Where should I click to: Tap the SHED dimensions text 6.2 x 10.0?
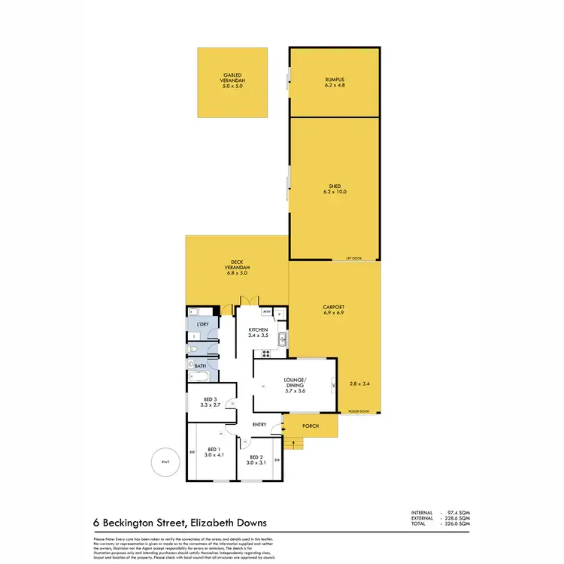coord(335,192)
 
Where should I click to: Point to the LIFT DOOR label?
coord(353,258)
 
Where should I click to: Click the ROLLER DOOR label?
coord(359,411)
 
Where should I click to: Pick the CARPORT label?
coord(333,307)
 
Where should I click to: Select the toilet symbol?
coord(193,350)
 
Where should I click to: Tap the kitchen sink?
coord(283,338)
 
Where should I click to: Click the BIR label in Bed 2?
coord(277,459)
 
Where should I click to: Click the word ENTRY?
coord(260,425)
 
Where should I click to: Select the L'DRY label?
coord(202,324)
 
